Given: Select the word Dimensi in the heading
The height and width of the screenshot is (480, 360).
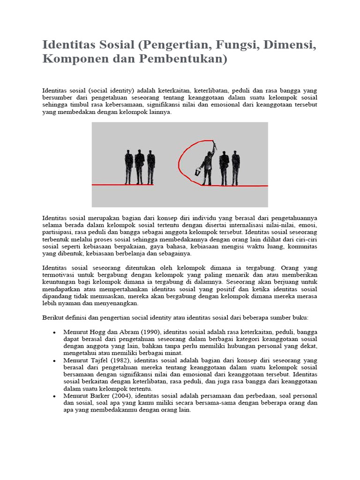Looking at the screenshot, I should pyautogui.click(x=289, y=46).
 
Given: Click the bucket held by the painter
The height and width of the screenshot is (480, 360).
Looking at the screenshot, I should pyautogui.click(x=198, y=173).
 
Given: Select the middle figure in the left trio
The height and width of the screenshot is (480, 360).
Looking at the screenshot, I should pyautogui.click(x=139, y=166).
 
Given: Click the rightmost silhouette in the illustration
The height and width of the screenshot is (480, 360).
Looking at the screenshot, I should pyautogui.click(x=236, y=167).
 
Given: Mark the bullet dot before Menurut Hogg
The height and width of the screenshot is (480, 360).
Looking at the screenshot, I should pyautogui.click(x=55, y=332).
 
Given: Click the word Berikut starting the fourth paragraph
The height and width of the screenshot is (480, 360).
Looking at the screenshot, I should pyautogui.click(x=53, y=318).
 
